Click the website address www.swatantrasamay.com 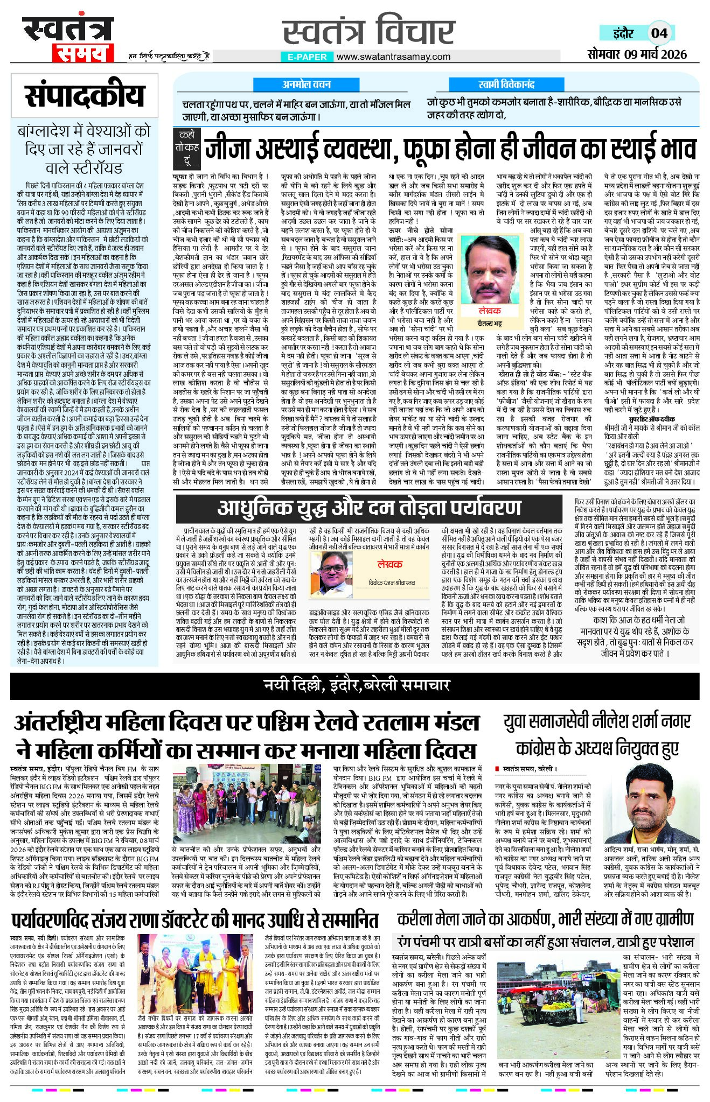pos(395,57)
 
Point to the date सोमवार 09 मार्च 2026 pos(637,54)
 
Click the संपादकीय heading pos(85,96)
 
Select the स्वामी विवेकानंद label pos(506,85)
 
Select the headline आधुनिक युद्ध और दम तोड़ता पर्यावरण pos(369,507)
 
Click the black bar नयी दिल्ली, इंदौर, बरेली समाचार pos(356,685)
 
